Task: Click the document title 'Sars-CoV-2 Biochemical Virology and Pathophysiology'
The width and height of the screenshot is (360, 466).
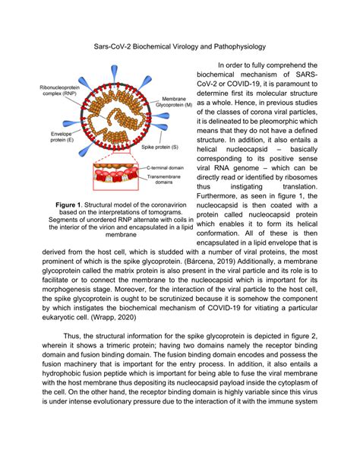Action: coord(179,46)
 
